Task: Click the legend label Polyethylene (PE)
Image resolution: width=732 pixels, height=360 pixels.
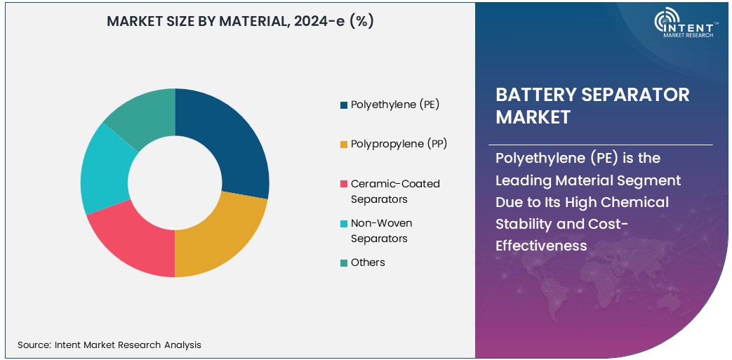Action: click(x=395, y=105)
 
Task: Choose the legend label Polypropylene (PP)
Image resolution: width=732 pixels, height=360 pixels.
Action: click(x=399, y=144)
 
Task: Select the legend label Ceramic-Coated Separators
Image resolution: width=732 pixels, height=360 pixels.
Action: click(x=395, y=192)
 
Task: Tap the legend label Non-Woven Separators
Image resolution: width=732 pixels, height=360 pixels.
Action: click(x=381, y=231)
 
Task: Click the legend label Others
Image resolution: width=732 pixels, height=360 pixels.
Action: click(x=368, y=262)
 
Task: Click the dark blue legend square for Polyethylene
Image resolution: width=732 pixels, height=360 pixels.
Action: click(x=343, y=105)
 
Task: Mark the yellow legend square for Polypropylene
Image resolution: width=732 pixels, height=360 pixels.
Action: click(x=343, y=145)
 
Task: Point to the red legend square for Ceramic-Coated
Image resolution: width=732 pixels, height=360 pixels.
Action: click(x=343, y=184)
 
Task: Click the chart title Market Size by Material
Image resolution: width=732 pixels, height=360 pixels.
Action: click(x=240, y=21)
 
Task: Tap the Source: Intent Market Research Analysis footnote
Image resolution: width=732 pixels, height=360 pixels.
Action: click(x=109, y=345)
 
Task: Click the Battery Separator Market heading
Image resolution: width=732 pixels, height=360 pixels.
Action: click(x=592, y=105)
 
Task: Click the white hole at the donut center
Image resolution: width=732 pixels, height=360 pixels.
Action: click(x=175, y=182)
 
